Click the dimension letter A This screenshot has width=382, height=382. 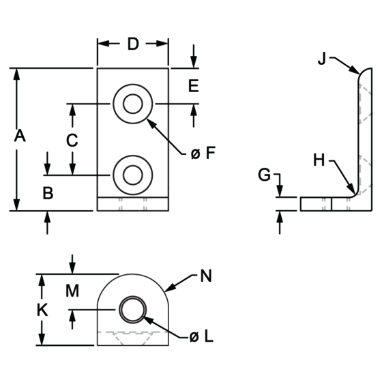(20, 136)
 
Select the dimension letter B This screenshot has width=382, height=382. (48, 193)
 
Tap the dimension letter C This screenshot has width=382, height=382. (72, 141)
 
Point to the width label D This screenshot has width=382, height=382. (133, 44)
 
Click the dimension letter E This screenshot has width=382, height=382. (194, 86)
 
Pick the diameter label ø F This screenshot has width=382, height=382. (203, 153)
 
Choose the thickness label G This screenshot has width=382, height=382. (264, 175)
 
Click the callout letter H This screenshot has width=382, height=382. (319, 160)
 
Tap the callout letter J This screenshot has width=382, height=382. (322, 59)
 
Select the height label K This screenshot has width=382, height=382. (42, 310)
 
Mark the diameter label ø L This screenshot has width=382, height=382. (201, 337)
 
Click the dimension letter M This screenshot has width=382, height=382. (72, 291)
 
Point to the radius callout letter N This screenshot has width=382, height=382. (206, 276)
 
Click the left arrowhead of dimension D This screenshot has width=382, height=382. (103, 44)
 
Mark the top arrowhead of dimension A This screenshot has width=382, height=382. (16, 74)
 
